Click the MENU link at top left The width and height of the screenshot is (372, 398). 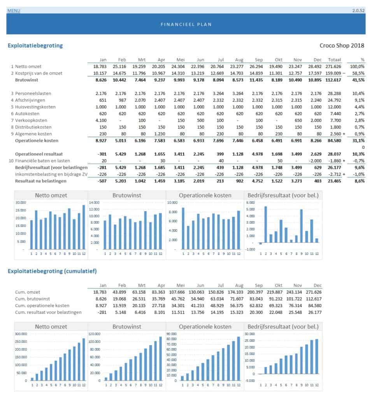point(14,10)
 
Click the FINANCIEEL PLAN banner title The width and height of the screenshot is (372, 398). point(186,24)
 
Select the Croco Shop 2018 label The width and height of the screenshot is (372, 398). point(342,45)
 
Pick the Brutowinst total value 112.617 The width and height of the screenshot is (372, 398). point(333,80)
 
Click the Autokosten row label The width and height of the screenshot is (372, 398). point(28,113)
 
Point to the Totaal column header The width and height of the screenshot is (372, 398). point(335,60)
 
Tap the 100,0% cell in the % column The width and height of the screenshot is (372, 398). point(357,66)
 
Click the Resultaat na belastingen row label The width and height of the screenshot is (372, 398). point(40,181)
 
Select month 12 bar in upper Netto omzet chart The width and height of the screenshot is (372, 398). point(83,227)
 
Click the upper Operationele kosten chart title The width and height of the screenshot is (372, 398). point(204,195)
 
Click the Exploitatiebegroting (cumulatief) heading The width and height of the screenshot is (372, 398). point(52,271)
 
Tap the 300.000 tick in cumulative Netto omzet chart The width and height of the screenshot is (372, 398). point(21,334)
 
